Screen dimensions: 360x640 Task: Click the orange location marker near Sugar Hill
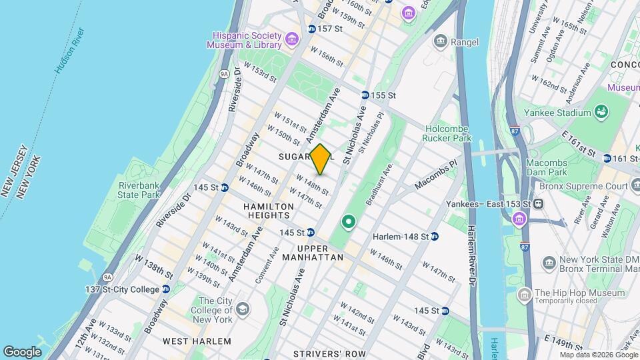click(321, 159)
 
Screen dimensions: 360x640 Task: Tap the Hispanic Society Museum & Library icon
click(291, 40)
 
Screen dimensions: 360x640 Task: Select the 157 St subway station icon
click(311, 29)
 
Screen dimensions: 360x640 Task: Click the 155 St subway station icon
click(365, 95)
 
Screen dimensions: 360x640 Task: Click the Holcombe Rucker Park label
click(446, 133)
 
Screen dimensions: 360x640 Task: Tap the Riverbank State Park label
click(139, 189)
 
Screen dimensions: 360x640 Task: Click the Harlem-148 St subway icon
click(434, 236)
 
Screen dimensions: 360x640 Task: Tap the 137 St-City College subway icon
click(166, 289)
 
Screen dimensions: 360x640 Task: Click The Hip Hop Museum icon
click(525, 293)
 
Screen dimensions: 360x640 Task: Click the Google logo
click(22, 351)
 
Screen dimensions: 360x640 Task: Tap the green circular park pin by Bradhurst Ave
click(347, 221)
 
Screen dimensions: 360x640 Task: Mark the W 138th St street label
click(154, 265)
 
